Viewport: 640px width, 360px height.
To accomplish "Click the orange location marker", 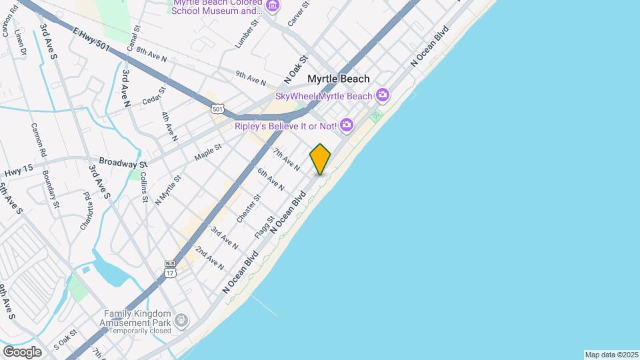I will (x=321, y=159).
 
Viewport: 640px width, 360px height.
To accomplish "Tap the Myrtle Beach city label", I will (x=338, y=79).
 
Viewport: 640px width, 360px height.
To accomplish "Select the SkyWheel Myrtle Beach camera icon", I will (x=382, y=95).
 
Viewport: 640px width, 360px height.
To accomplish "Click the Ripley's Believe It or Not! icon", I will (x=346, y=125).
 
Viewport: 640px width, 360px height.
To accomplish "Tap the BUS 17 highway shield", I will (x=170, y=268).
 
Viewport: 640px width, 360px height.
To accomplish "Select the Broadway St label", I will (x=123, y=162).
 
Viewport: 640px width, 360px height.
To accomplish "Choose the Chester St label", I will (x=248, y=209).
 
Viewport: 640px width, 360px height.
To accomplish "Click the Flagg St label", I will (x=264, y=228).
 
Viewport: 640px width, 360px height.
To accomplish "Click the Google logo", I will (x=22, y=351).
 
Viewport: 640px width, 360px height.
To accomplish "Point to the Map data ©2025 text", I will (x=611, y=355).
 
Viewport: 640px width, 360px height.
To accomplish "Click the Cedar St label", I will (x=153, y=97).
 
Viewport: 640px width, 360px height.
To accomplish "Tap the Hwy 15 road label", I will (x=18, y=172).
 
